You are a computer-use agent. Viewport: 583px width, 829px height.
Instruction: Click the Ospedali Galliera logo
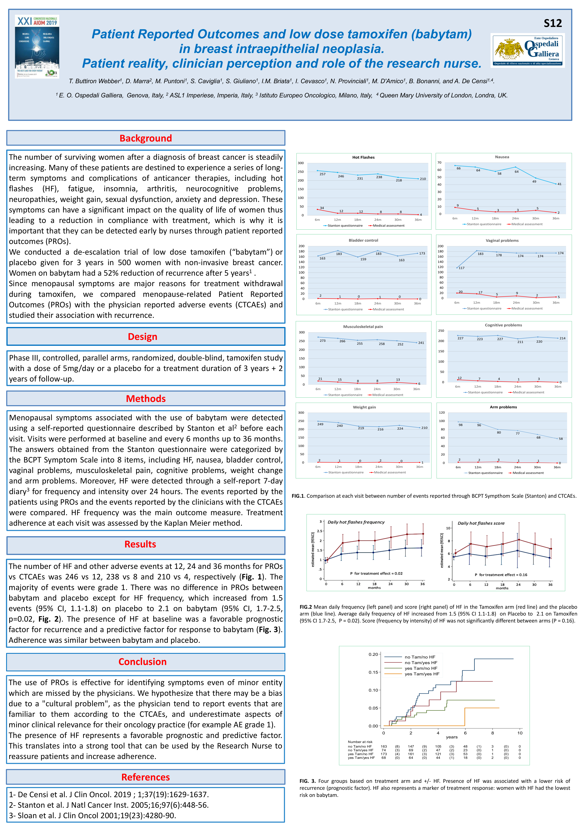[x=527, y=50]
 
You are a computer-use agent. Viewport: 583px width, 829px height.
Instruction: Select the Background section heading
[x=146, y=138]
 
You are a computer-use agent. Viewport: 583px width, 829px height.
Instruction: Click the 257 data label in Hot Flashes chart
[x=322, y=174]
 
